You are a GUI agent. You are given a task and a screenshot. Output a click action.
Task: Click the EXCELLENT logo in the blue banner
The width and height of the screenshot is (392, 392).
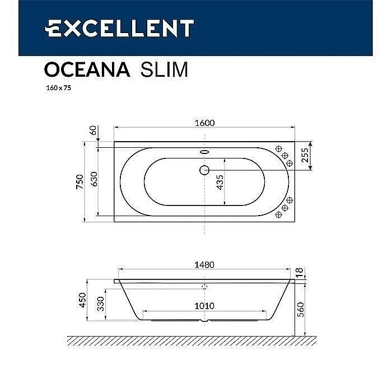tap(119, 27)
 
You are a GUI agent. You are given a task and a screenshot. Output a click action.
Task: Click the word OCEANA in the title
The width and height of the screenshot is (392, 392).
tap(87, 69)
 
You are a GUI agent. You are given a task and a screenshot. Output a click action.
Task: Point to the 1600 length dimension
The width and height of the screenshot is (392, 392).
tap(205, 123)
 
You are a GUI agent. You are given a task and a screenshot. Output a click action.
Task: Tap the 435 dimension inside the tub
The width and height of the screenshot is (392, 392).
tap(220, 183)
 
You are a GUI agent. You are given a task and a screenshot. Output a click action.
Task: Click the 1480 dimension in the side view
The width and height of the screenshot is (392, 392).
tap(205, 265)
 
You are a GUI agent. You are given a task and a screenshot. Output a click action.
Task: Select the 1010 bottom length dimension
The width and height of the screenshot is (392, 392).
tap(205, 306)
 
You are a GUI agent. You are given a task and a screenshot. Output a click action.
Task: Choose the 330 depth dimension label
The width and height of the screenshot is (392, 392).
tap(100, 305)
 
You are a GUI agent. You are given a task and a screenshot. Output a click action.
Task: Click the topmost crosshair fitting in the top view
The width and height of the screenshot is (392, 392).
tap(278, 148)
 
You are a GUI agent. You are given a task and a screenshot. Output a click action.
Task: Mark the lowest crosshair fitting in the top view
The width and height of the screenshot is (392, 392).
tap(278, 214)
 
